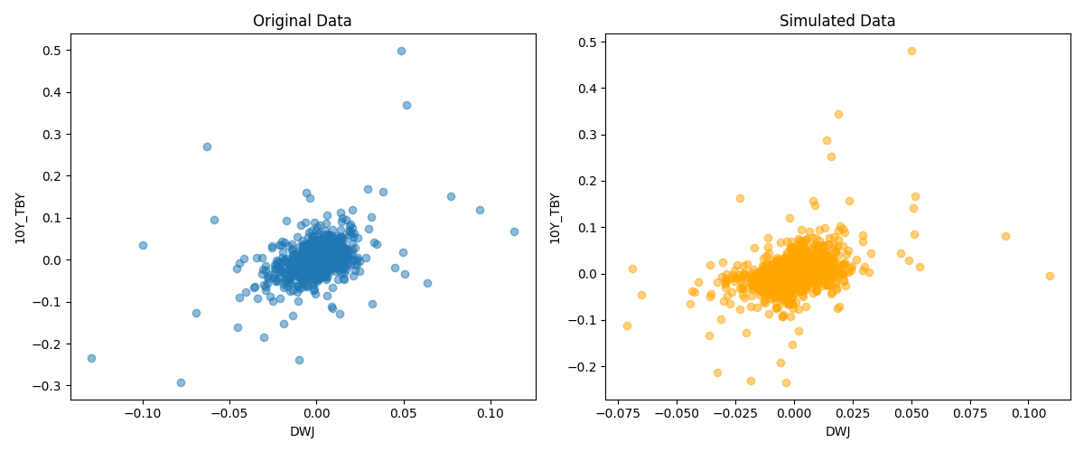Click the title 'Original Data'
click(x=302, y=21)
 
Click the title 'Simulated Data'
click(x=837, y=21)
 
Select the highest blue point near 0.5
click(x=401, y=51)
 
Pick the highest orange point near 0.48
click(x=911, y=51)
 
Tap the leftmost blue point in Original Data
click(x=91, y=358)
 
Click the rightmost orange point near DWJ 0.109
click(x=1050, y=276)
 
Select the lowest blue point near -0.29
click(x=181, y=382)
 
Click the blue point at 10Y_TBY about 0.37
click(x=406, y=105)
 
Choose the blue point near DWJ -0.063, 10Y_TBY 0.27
click(x=207, y=146)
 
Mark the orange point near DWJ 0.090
click(x=1005, y=236)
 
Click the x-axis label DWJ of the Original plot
click(x=302, y=432)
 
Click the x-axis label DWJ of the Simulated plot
click(x=837, y=432)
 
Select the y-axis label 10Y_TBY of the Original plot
click(x=20, y=217)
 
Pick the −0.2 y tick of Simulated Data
click(x=584, y=366)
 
